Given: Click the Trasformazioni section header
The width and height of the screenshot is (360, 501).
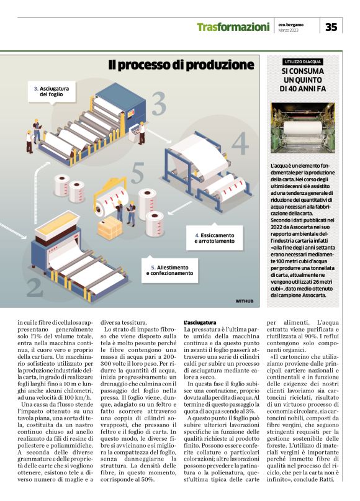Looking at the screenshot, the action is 233,27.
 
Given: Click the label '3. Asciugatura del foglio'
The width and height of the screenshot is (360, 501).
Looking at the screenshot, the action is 50,91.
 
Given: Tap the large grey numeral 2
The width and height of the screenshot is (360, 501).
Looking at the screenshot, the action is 35,286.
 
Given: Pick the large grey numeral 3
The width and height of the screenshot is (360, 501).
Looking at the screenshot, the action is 159,104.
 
